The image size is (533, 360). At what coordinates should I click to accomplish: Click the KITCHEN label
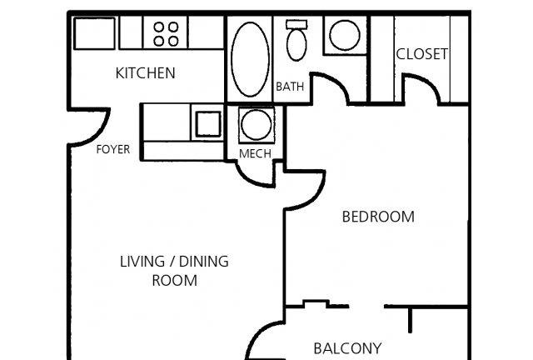(x=146, y=73)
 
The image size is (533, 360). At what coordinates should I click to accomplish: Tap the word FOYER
(x=113, y=149)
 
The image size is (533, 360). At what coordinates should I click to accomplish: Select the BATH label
(x=290, y=87)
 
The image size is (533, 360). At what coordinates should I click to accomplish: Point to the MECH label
(x=255, y=153)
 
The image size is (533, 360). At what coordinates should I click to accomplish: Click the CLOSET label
(x=422, y=54)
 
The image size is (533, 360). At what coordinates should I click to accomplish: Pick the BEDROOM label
(x=378, y=217)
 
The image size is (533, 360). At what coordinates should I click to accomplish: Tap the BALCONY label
(x=347, y=348)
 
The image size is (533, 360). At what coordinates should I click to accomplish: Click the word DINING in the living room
(x=203, y=262)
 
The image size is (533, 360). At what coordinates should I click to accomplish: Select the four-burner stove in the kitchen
(x=166, y=33)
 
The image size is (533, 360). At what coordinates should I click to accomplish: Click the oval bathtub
(x=250, y=59)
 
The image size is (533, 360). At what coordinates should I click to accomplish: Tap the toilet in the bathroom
(x=296, y=40)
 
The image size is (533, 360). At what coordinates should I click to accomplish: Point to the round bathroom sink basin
(x=345, y=35)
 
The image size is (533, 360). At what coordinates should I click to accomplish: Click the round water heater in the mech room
(x=256, y=124)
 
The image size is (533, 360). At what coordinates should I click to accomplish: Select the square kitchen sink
(x=208, y=124)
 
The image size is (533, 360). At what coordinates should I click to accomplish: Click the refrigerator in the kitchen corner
(x=94, y=33)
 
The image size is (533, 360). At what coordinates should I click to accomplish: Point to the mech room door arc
(x=248, y=178)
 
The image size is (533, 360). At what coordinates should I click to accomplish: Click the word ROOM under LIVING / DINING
(x=174, y=281)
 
